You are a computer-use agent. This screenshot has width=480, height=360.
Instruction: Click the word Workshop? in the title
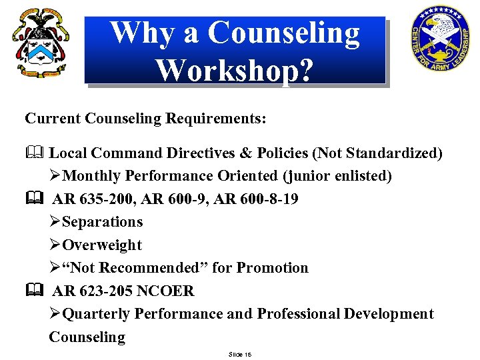[x=233, y=69]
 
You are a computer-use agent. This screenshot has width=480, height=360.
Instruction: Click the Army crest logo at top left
[x=41, y=43]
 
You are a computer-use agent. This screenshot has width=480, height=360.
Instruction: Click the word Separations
[x=102, y=222]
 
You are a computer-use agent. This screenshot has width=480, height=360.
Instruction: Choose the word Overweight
[x=102, y=245]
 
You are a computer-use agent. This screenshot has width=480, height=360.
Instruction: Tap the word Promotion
[x=273, y=268]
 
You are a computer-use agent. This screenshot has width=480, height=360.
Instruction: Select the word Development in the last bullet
[x=389, y=313]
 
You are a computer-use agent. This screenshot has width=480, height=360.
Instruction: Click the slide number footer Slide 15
[x=239, y=353]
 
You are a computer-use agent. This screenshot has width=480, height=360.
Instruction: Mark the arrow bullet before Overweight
[x=55, y=245]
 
